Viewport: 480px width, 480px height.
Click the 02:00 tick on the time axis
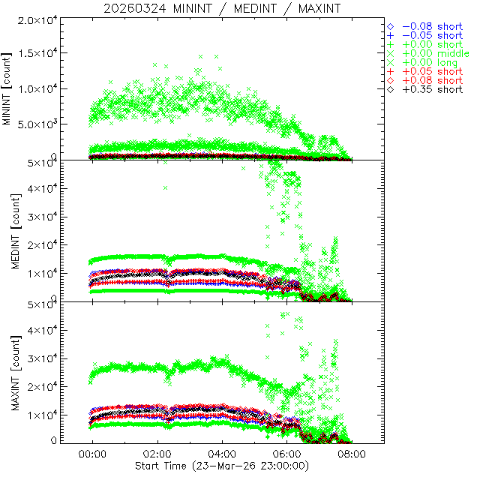(157, 454)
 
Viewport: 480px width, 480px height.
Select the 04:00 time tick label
(222, 454)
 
